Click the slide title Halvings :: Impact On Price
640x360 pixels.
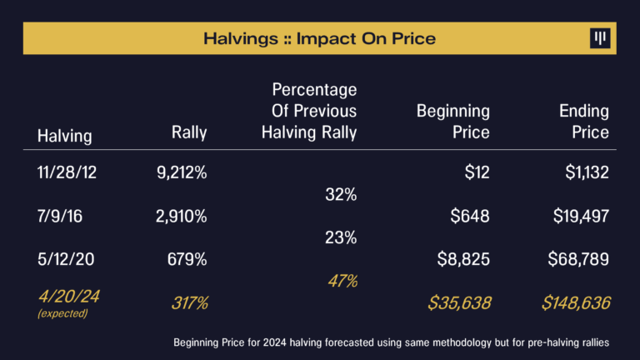pyautogui.click(x=319, y=38)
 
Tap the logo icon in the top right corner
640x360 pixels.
pyautogui.click(x=599, y=38)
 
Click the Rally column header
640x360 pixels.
pyautogui.click(x=189, y=132)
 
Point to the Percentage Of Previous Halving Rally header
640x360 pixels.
pyautogui.click(x=314, y=110)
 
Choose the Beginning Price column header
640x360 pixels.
pyautogui.click(x=452, y=121)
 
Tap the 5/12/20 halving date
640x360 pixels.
pyautogui.click(x=66, y=259)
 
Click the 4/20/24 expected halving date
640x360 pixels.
pyautogui.click(x=68, y=297)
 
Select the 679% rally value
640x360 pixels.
pyautogui.click(x=187, y=259)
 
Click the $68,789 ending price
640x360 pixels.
pyautogui.click(x=578, y=259)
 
